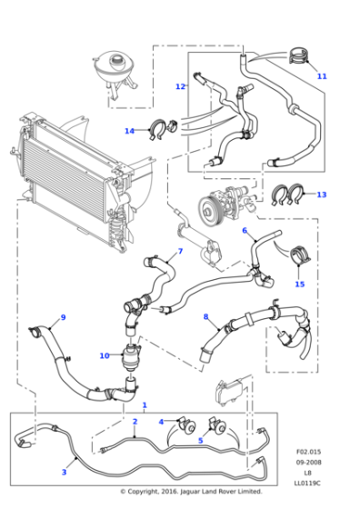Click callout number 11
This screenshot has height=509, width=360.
click(x=322, y=76)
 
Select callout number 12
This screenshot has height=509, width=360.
click(x=180, y=87)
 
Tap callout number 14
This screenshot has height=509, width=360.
click(x=129, y=131)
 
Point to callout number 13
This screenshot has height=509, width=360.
click(x=321, y=195)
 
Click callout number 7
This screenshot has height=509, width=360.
click(x=180, y=251)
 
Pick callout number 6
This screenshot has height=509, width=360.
click(x=245, y=231)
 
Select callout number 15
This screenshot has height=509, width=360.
click(x=299, y=284)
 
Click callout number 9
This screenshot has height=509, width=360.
click(x=63, y=317)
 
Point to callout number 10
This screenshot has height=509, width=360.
click(x=105, y=355)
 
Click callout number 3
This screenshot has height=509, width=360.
click(x=64, y=472)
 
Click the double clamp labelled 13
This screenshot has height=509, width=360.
click(x=289, y=194)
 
